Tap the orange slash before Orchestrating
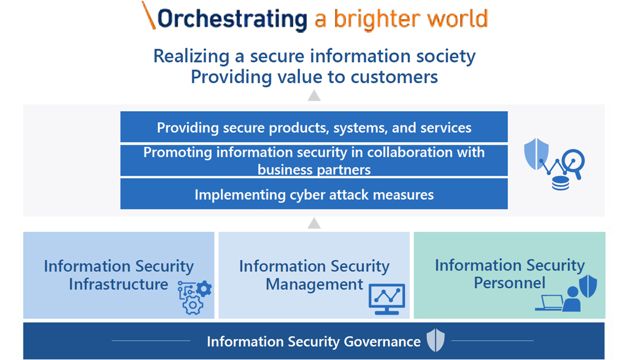click(x=149, y=15)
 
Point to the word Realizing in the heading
click(x=191, y=56)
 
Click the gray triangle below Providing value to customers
click(x=314, y=96)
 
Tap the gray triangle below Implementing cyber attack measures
click(x=314, y=223)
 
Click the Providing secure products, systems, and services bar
click(x=314, y=127)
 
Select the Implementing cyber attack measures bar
click(x=314, y=194)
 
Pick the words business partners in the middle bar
click(x=314, y=170)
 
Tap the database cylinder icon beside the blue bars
click(x=560, y=183)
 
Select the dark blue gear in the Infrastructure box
click(x=204, y=289)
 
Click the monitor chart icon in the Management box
click(x=387, y=299)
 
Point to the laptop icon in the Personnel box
click(x=549, y=303)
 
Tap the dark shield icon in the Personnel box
click(x=588, y=286)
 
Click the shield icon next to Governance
click(x=436, y=340)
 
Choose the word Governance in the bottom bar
click(x=382, y=342)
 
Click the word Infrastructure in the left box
click(x=118, y=284)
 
